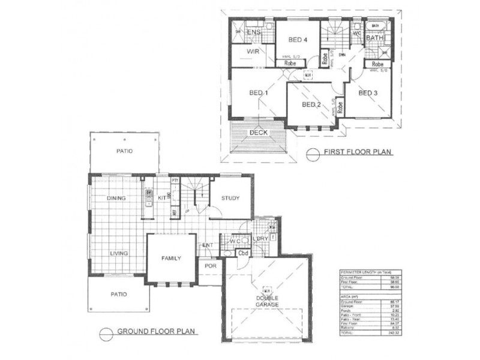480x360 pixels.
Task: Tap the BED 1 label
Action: point(258,93)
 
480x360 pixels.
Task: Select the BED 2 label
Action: point(311,104)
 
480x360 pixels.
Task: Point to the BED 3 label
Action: point(368,93)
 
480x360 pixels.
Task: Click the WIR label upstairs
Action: point(252,52)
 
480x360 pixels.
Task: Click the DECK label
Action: point(259,133)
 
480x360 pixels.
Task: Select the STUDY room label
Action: point(230,198)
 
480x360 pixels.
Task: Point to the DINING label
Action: point(116,198)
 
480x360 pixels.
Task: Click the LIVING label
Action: point(119,253)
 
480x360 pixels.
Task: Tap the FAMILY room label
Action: point(171,258)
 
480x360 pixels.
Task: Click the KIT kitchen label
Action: point(161,197)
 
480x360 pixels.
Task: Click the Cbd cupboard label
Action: point(243,253)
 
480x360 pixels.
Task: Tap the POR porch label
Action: point(210,265)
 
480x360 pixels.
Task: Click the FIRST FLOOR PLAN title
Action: point(358,153)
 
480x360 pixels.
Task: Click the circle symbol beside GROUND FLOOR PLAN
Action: point(105,331)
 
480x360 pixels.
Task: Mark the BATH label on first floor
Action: point(376,38)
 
